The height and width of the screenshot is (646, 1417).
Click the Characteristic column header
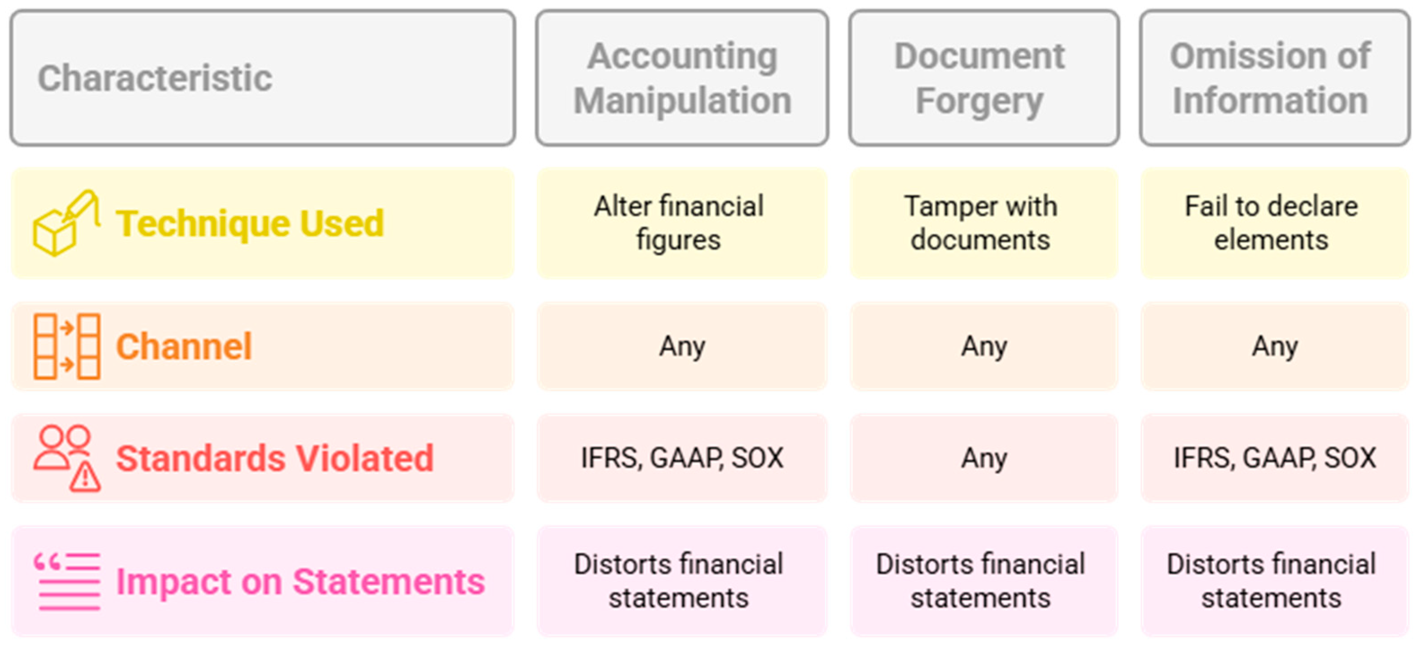point(155,78)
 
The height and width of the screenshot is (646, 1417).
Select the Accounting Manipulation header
point(682,78)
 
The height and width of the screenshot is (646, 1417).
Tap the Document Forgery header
point(979,78)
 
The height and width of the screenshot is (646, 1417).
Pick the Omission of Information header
point(1271,78)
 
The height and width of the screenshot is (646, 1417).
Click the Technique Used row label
point(250,224)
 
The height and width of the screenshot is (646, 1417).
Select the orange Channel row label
point(184,347)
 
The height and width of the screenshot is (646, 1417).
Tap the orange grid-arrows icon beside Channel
point(66,347)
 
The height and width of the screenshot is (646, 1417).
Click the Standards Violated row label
point(275,458)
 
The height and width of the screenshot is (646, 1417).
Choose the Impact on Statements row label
point(300,581)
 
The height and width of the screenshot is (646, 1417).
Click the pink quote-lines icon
point(66,581)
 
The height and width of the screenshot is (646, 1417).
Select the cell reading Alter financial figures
point(679,223)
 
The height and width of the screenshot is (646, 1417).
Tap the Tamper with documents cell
point(980,223)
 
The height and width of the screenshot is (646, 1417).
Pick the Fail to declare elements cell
point(1271,223)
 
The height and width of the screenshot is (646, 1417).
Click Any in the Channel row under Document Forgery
point(984,347)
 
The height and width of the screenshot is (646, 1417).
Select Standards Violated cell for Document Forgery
point(984,458)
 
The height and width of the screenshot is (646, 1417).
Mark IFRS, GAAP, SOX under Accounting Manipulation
point(682,458)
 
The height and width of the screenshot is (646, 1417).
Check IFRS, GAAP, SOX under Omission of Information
point(1275,458)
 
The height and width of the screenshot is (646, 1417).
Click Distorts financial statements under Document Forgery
point(980,581)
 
